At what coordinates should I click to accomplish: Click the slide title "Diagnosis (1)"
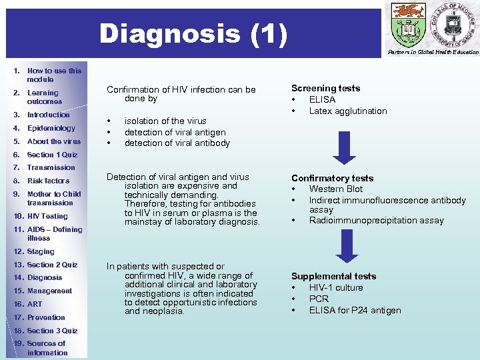pyautogui.click(x=193, y=33)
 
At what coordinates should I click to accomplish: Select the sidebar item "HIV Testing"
pyautogui.click(x=47, y=216)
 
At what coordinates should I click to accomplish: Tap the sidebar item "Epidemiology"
pyautogui.click(x=51, y=128)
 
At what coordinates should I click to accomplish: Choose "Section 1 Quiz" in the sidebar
pyautogui.click(x=52, y=155)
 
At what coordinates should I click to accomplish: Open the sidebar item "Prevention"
pyautogui.click(x=46, y=317)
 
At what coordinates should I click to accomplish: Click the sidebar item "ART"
pyautogui.click(x=34, y=304)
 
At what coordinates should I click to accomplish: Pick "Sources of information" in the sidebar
pyautogui.click(x=46, y=348)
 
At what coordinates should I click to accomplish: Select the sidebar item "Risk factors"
pyautogui.click(x=48, y=181)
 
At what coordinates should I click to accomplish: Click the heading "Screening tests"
pyautogui.click(x=325, y=88)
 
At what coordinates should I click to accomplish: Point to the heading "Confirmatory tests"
pyautogui.click(x=332, y=178)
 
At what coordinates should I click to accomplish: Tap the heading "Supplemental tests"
pyautogui.click(x=333, y=276)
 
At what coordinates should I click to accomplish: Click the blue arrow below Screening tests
pyautogui.click(x=345, y=147)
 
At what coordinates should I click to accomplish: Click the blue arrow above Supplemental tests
pyautogui.click(x=345, y=247)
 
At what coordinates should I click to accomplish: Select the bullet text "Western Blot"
pyautogui.click(x=336, y=189)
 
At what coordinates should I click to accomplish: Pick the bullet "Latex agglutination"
pyautogui.click(x=348, y=111)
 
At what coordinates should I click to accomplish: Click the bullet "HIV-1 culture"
pyautogui.click(x=336, y=287)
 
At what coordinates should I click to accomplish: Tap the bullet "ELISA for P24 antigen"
pyautogui.click(x=355, y=310)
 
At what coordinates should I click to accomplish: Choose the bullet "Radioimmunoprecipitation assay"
pyautogui.click(x=376, y=221)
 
